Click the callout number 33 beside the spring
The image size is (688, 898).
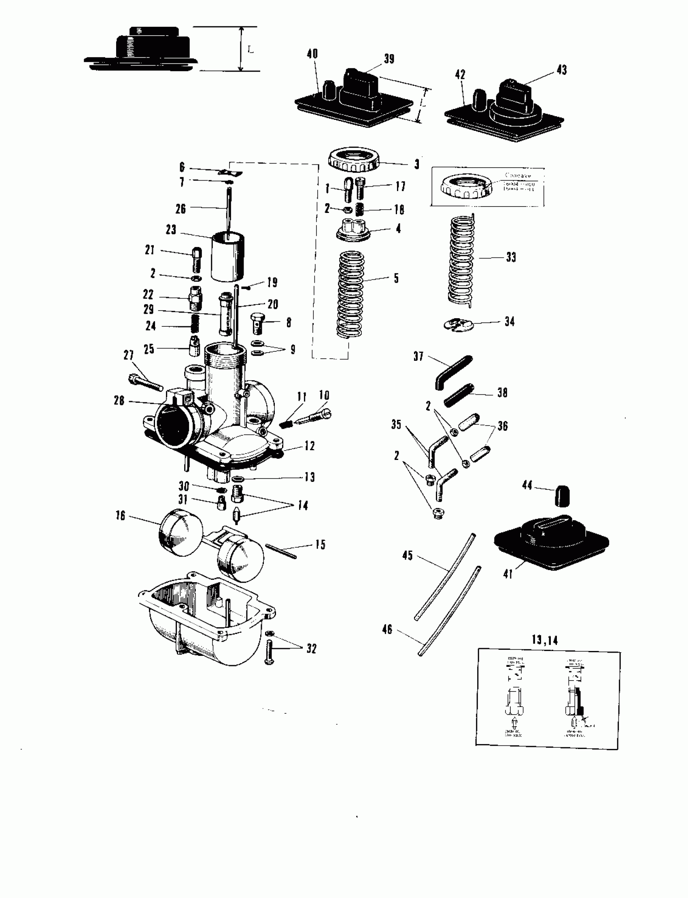511,257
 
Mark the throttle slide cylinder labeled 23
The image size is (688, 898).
227,257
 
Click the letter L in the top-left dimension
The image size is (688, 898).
251,50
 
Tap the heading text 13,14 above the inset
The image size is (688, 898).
545,640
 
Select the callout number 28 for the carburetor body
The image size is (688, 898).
119,400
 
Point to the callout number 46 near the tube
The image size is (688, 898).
387,630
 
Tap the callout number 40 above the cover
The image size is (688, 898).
312,54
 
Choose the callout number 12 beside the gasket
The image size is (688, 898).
310,446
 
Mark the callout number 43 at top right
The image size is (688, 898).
562,70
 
